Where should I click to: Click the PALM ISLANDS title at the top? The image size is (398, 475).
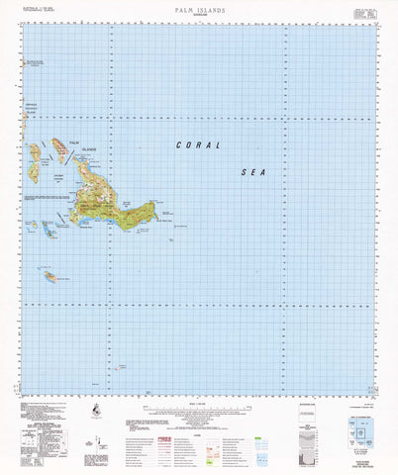(x=198, y=7)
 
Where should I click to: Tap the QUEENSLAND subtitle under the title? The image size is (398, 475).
(x=198, y=14)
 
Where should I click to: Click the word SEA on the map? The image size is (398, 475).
(x=254, y=172)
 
